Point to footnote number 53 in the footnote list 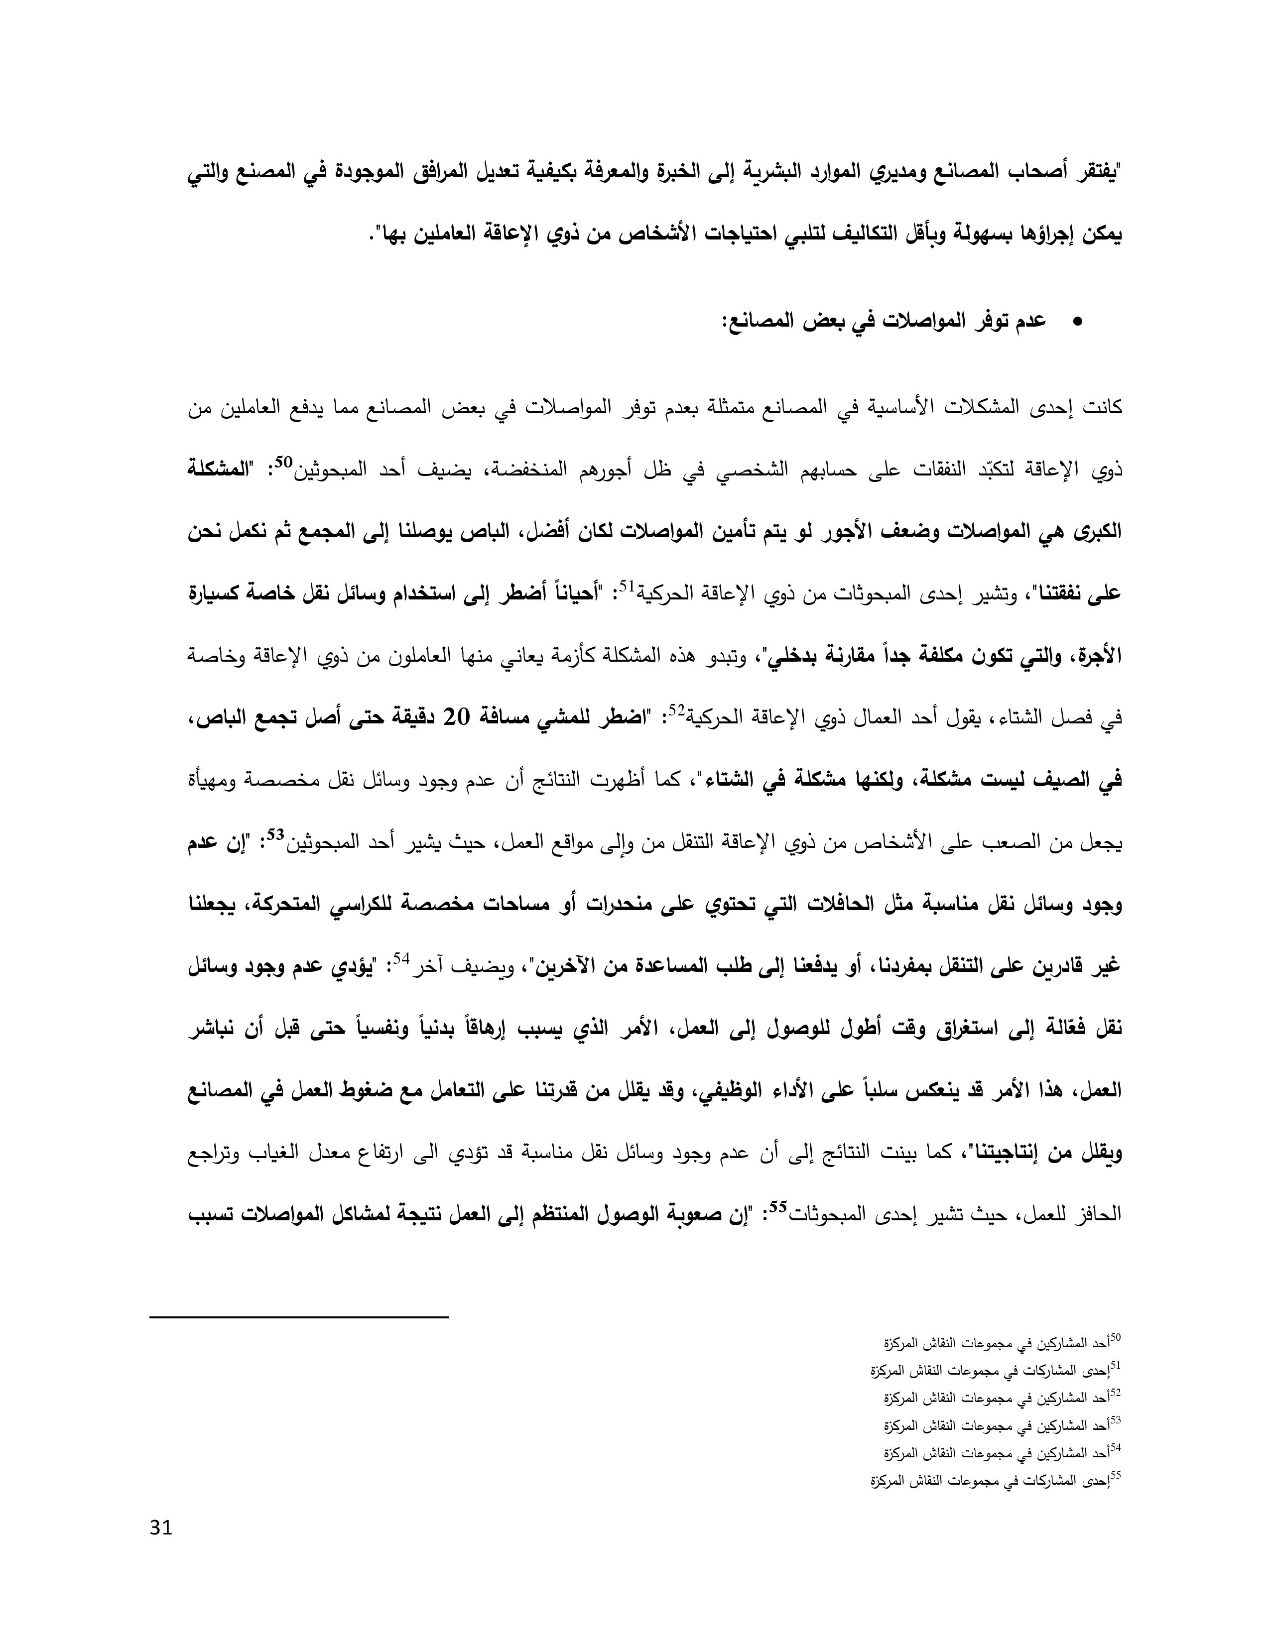[1116, 1419]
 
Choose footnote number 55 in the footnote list [1116, 1475]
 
